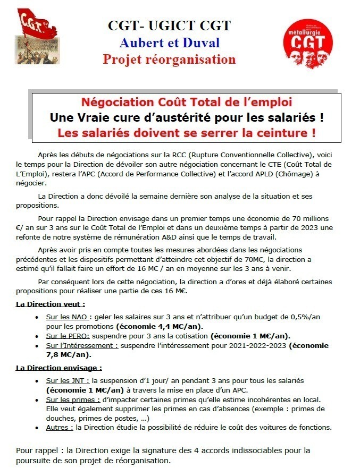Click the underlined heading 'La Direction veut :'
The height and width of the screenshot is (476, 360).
point(51,304)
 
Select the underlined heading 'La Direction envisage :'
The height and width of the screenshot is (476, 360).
point(59,367)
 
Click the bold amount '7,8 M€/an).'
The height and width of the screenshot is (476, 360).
point(68,355)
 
